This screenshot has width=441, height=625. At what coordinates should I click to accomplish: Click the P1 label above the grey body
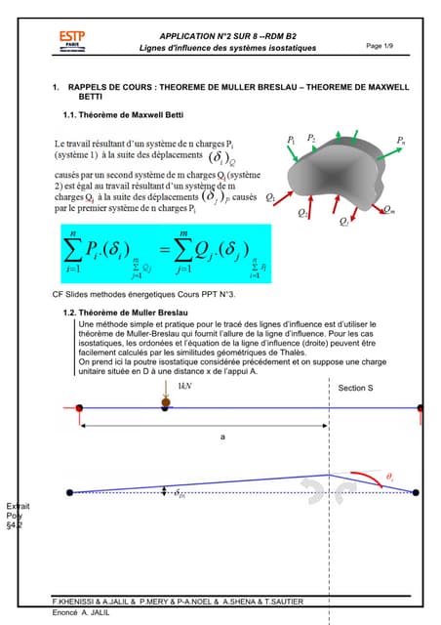tap(292, 141)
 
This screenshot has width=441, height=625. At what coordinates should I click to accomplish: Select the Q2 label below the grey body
tap(303, 211)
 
